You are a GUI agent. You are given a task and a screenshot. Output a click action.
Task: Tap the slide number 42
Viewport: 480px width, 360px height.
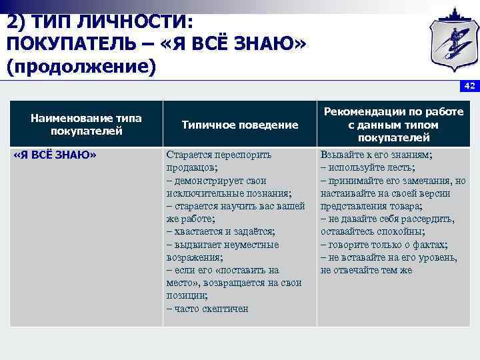coord(469,86)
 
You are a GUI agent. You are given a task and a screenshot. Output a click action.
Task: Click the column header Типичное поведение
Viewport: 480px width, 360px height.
coord(240,125)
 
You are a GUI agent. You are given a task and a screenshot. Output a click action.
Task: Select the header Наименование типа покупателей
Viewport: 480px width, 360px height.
coord(86,125)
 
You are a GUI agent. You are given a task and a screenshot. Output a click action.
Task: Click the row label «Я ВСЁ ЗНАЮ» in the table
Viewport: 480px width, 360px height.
coord(55,155)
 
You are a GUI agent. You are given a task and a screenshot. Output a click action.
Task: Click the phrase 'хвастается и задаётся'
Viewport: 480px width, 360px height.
coord(225,231)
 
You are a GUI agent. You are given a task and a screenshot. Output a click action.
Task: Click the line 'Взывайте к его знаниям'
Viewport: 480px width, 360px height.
coord(376,155)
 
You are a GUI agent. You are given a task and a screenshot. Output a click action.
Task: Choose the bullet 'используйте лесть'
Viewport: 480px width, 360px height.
coord(367,167)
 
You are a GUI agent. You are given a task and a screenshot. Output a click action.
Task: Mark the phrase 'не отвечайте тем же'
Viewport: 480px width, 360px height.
coord(366,270)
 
